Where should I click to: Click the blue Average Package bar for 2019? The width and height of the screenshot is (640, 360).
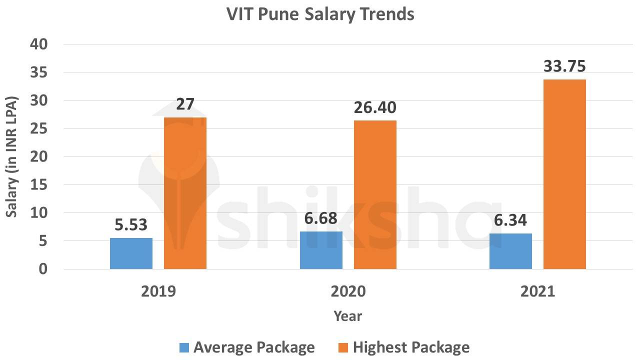click(x=131, y=253)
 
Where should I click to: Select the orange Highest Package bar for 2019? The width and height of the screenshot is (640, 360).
click(x=185, y=193)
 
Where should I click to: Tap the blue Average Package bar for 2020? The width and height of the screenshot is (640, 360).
click(x=321, y=250)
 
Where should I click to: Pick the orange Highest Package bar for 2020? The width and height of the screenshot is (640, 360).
click(x=375, y=194)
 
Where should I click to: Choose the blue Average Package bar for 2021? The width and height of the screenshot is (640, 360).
click(x=510, y=251)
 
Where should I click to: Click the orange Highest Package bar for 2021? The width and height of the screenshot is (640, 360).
click(x=564, y=174)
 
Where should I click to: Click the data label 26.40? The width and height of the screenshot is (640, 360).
click(x=375, y=107)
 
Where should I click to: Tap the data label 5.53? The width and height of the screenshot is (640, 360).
click(x=131, y=225)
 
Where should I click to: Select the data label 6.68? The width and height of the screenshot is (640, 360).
click(x=320, y=218)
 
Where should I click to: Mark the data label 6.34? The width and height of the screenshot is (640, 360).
click(x=510, y=220)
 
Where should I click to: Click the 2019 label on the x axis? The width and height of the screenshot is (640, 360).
click(x=158, y=291)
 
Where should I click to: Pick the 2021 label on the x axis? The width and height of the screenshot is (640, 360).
click(x=537, y=291)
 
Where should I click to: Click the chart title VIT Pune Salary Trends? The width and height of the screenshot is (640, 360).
click(x=320, y=14)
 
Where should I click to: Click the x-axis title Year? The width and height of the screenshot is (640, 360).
click(x=347, y=316)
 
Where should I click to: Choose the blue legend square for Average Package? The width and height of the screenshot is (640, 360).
click(x=184, y=347)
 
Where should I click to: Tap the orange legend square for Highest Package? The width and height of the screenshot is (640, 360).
click(x=343, y=347)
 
